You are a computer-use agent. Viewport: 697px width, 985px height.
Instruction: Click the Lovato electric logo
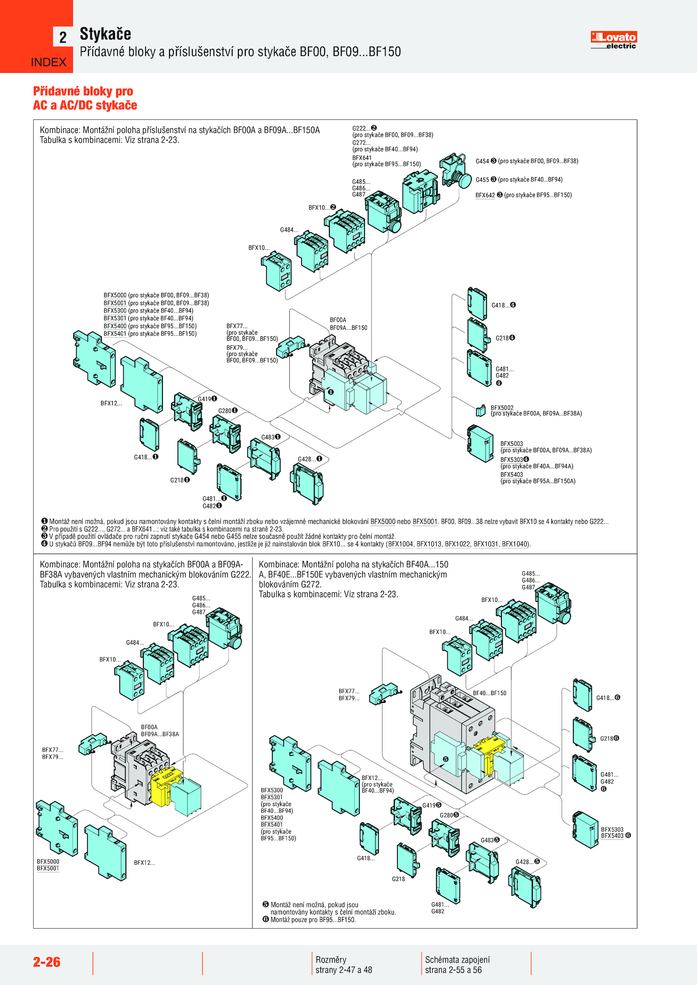click(613, 40)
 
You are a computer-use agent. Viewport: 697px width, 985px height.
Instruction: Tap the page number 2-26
click(47, 962)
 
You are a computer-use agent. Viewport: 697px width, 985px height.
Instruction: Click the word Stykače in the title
click(105, 34)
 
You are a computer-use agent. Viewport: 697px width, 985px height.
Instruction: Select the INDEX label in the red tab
click(48, 63)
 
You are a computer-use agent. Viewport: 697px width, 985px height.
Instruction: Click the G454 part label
click(482, 161)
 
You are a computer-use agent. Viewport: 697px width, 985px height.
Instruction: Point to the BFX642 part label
click(485, 195)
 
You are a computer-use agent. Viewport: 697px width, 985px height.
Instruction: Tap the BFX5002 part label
click(502, 408)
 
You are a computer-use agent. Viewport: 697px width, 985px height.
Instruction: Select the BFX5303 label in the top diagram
click(511, 460)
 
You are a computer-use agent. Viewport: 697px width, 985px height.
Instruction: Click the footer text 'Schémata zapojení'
click(457, 959)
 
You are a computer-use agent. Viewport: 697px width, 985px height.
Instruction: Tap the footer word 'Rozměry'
click(331, 959)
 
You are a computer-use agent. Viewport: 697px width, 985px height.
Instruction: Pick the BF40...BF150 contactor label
click(490, 693)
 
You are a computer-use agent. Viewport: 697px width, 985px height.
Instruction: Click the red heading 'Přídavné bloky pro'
click(83, 91)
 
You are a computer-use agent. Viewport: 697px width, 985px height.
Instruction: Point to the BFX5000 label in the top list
click(115, 295)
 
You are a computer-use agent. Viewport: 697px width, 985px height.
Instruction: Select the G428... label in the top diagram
click(307, 459)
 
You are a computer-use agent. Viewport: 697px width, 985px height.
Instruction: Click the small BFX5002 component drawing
click(480, 410)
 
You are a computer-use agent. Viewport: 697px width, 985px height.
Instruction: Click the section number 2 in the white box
click(63, 37)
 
